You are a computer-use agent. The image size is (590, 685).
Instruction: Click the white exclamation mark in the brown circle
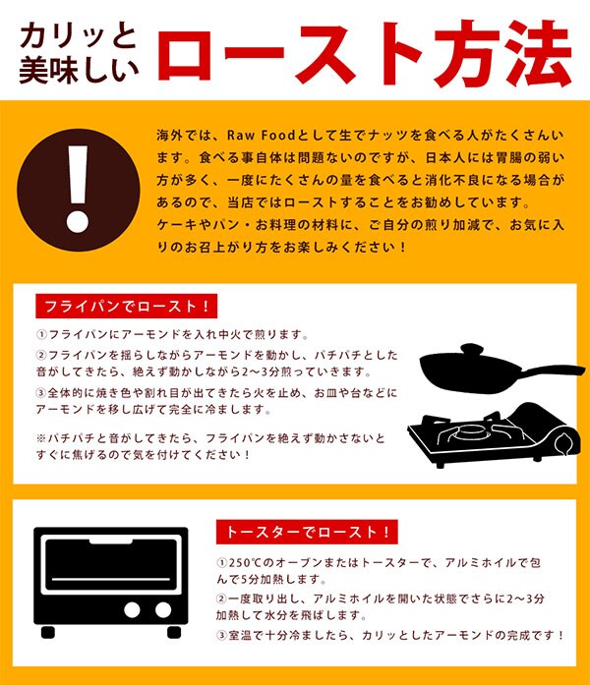[x=79, y=189]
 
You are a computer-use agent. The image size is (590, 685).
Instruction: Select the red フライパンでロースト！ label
[x=126, y=306]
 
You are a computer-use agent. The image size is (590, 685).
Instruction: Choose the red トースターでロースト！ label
[x=307, y=532]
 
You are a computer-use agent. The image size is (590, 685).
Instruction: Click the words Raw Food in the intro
[x=261, y=135]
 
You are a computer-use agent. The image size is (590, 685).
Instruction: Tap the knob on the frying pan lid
[x=472, y=349]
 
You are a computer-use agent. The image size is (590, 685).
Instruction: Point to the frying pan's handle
[x=555, y=371]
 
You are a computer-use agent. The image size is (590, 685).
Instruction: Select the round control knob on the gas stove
[x=563, y=444]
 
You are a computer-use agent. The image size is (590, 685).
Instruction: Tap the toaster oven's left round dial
[x=132, y=610]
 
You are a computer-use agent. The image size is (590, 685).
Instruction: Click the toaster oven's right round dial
[x=163, y=610]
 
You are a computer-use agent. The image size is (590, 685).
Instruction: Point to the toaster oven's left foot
[x=48, y=632]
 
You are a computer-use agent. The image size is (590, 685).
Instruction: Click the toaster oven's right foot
[x=174, y=632]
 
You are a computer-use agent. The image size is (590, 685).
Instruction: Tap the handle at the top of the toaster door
[x=110, y=542]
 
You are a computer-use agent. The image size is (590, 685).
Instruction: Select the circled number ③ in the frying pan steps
[x=41, y=393]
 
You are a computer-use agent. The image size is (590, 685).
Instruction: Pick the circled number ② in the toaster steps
[x=222, y=599]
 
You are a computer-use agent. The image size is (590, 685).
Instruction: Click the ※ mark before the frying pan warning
[x=41, y=437]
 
